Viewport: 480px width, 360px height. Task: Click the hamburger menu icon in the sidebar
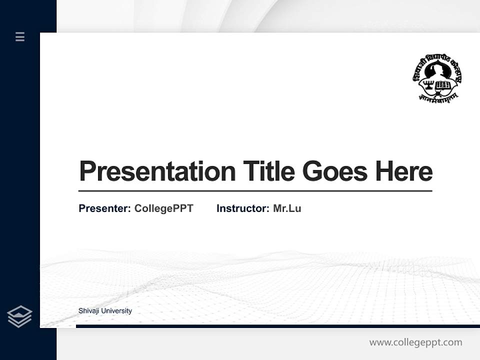point(20,36)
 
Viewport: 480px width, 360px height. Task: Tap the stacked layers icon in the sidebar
point(19,316)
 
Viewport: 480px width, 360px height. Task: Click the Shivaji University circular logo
point(437,77)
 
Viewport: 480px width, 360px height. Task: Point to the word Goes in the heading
point(335,171)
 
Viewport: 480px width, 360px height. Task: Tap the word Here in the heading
point(404,171)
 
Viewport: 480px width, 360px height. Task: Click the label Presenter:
point(104,208)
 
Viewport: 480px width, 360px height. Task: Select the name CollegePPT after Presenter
point(163,208)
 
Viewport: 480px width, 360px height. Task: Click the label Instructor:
point(242,208)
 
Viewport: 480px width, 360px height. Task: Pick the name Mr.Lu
point(287,208)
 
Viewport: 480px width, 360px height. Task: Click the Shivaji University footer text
point(105,311)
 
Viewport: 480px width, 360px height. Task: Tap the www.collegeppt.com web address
point(415,342)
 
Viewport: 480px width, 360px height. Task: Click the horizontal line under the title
point(255,191)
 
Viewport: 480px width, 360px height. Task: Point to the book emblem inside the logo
point(443,85)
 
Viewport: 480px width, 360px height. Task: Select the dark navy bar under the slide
point(277,326)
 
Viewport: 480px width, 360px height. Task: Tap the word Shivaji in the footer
point(88,311)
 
